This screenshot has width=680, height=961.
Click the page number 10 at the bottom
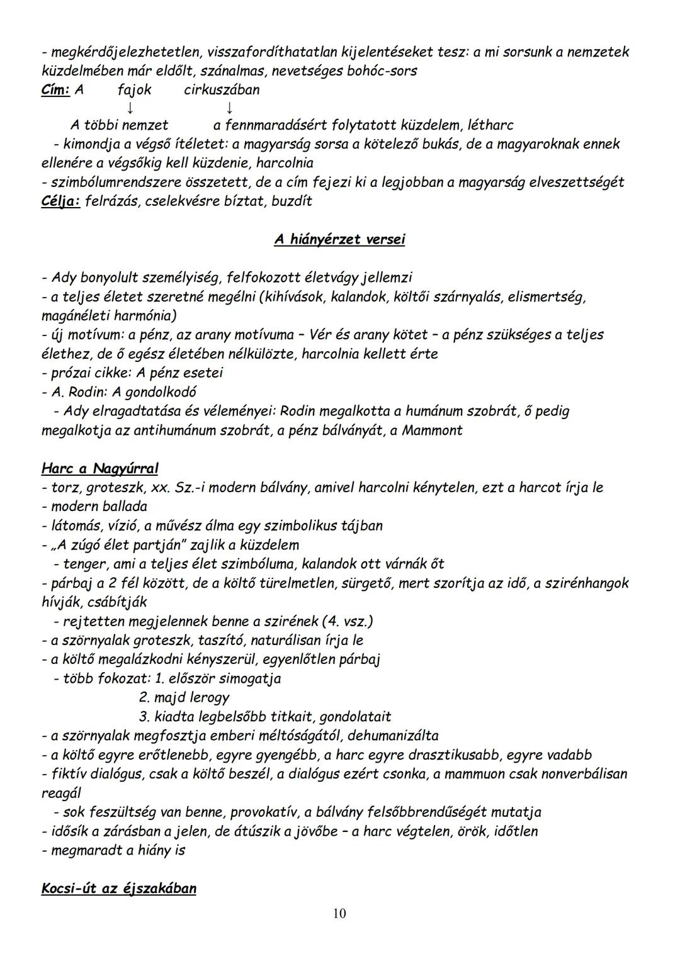tap(339, 913)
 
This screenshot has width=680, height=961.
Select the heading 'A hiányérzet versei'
tap(339, 240)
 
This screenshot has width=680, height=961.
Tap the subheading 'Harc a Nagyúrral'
tap(99, 468)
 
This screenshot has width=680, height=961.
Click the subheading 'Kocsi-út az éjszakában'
tap(118, 889)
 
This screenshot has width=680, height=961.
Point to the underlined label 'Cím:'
tap(55, 90)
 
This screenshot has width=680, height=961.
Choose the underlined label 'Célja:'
tap(60, 201)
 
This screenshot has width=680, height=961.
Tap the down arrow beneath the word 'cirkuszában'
tap(230, 108)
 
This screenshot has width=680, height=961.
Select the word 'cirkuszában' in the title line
tap(222, 90)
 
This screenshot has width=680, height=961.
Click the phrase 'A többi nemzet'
tap(119, 125)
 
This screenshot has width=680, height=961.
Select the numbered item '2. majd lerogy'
tap(184, 697)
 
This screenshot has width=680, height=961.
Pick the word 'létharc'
tap(490, 125)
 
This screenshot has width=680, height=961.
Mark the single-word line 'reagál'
tap(61, 793)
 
